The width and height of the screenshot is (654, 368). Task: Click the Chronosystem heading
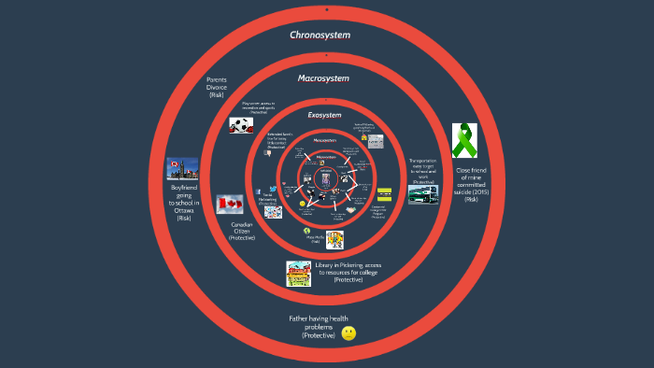point(320,35)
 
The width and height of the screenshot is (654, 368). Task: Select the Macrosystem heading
point(323,78)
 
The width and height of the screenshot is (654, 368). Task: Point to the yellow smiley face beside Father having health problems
point(348,333)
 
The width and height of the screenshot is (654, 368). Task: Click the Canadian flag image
point(230,205)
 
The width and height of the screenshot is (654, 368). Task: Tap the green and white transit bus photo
point(422,194)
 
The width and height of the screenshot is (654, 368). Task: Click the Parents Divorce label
point(217,86)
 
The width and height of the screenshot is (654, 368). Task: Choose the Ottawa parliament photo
point(182,169)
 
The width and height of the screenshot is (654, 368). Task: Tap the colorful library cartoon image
point(299,273)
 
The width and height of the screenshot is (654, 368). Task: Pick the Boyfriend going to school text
point(183,203)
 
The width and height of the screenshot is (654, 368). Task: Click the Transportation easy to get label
point(422,171)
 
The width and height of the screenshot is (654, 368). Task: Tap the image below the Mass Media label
point(334,240)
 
